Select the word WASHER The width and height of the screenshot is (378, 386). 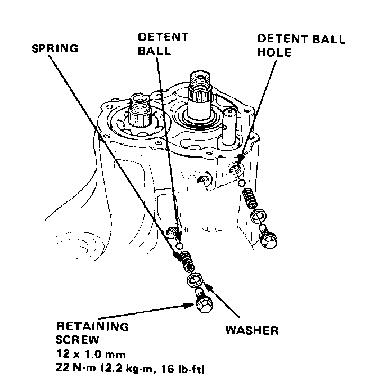click(252, 330)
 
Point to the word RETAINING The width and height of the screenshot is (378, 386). click(92, 326)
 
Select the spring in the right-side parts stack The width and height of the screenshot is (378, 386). click(250, 196)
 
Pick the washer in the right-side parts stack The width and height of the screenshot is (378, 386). click(258, 215)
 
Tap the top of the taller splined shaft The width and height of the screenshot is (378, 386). click(201, 76)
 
